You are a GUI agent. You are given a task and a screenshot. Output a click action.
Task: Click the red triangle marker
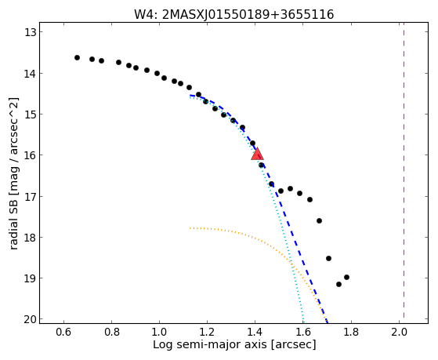pyautogui.click(x=257, y=154)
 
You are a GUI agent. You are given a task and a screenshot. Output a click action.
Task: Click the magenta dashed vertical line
pyautogui.click(x=404, y=173)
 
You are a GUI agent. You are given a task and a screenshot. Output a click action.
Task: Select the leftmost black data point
pyautogui.click(x=77, y=57)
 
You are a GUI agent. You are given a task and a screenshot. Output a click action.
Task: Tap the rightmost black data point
pyautogui.click(x=346, y=277)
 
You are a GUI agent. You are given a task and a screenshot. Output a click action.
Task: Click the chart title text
pyautogui.click(x=234, y=14)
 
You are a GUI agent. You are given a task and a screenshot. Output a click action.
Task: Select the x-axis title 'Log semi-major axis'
pyautogui.click(x=210, y=344)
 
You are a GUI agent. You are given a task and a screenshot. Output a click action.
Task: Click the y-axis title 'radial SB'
pyautogui.click(x=13, y=220)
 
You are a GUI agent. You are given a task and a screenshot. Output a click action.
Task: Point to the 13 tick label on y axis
pyautogui.click(x=31, y=32)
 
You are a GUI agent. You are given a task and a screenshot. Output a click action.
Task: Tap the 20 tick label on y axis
pyautogui.click(x=31, y=319)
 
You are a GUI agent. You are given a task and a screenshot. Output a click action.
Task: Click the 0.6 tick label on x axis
pyautogui.click(x=64, y=332)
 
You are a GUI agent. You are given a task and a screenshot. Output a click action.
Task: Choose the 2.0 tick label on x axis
pyautogui.click(x=399, y=332)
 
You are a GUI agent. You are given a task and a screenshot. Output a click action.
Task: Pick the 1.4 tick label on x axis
pyautogui.click(x=255, y=332)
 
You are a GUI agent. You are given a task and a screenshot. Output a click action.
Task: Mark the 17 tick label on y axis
pyautogui.click(x=31, y=197)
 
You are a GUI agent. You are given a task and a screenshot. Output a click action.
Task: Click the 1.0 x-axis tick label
pyautogui.click(x=159, y=332)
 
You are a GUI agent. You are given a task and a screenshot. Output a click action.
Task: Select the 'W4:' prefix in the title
pyautogui.click(x=146, y=15)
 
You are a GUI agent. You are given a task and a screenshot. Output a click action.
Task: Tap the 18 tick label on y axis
pyautogui.click(x=31, y=238)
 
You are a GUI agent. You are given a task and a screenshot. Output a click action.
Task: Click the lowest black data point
pyautogui.click(x=338, y=284)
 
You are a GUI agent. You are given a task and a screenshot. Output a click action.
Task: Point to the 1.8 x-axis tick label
pyautogui.click(x=351, y=332)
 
